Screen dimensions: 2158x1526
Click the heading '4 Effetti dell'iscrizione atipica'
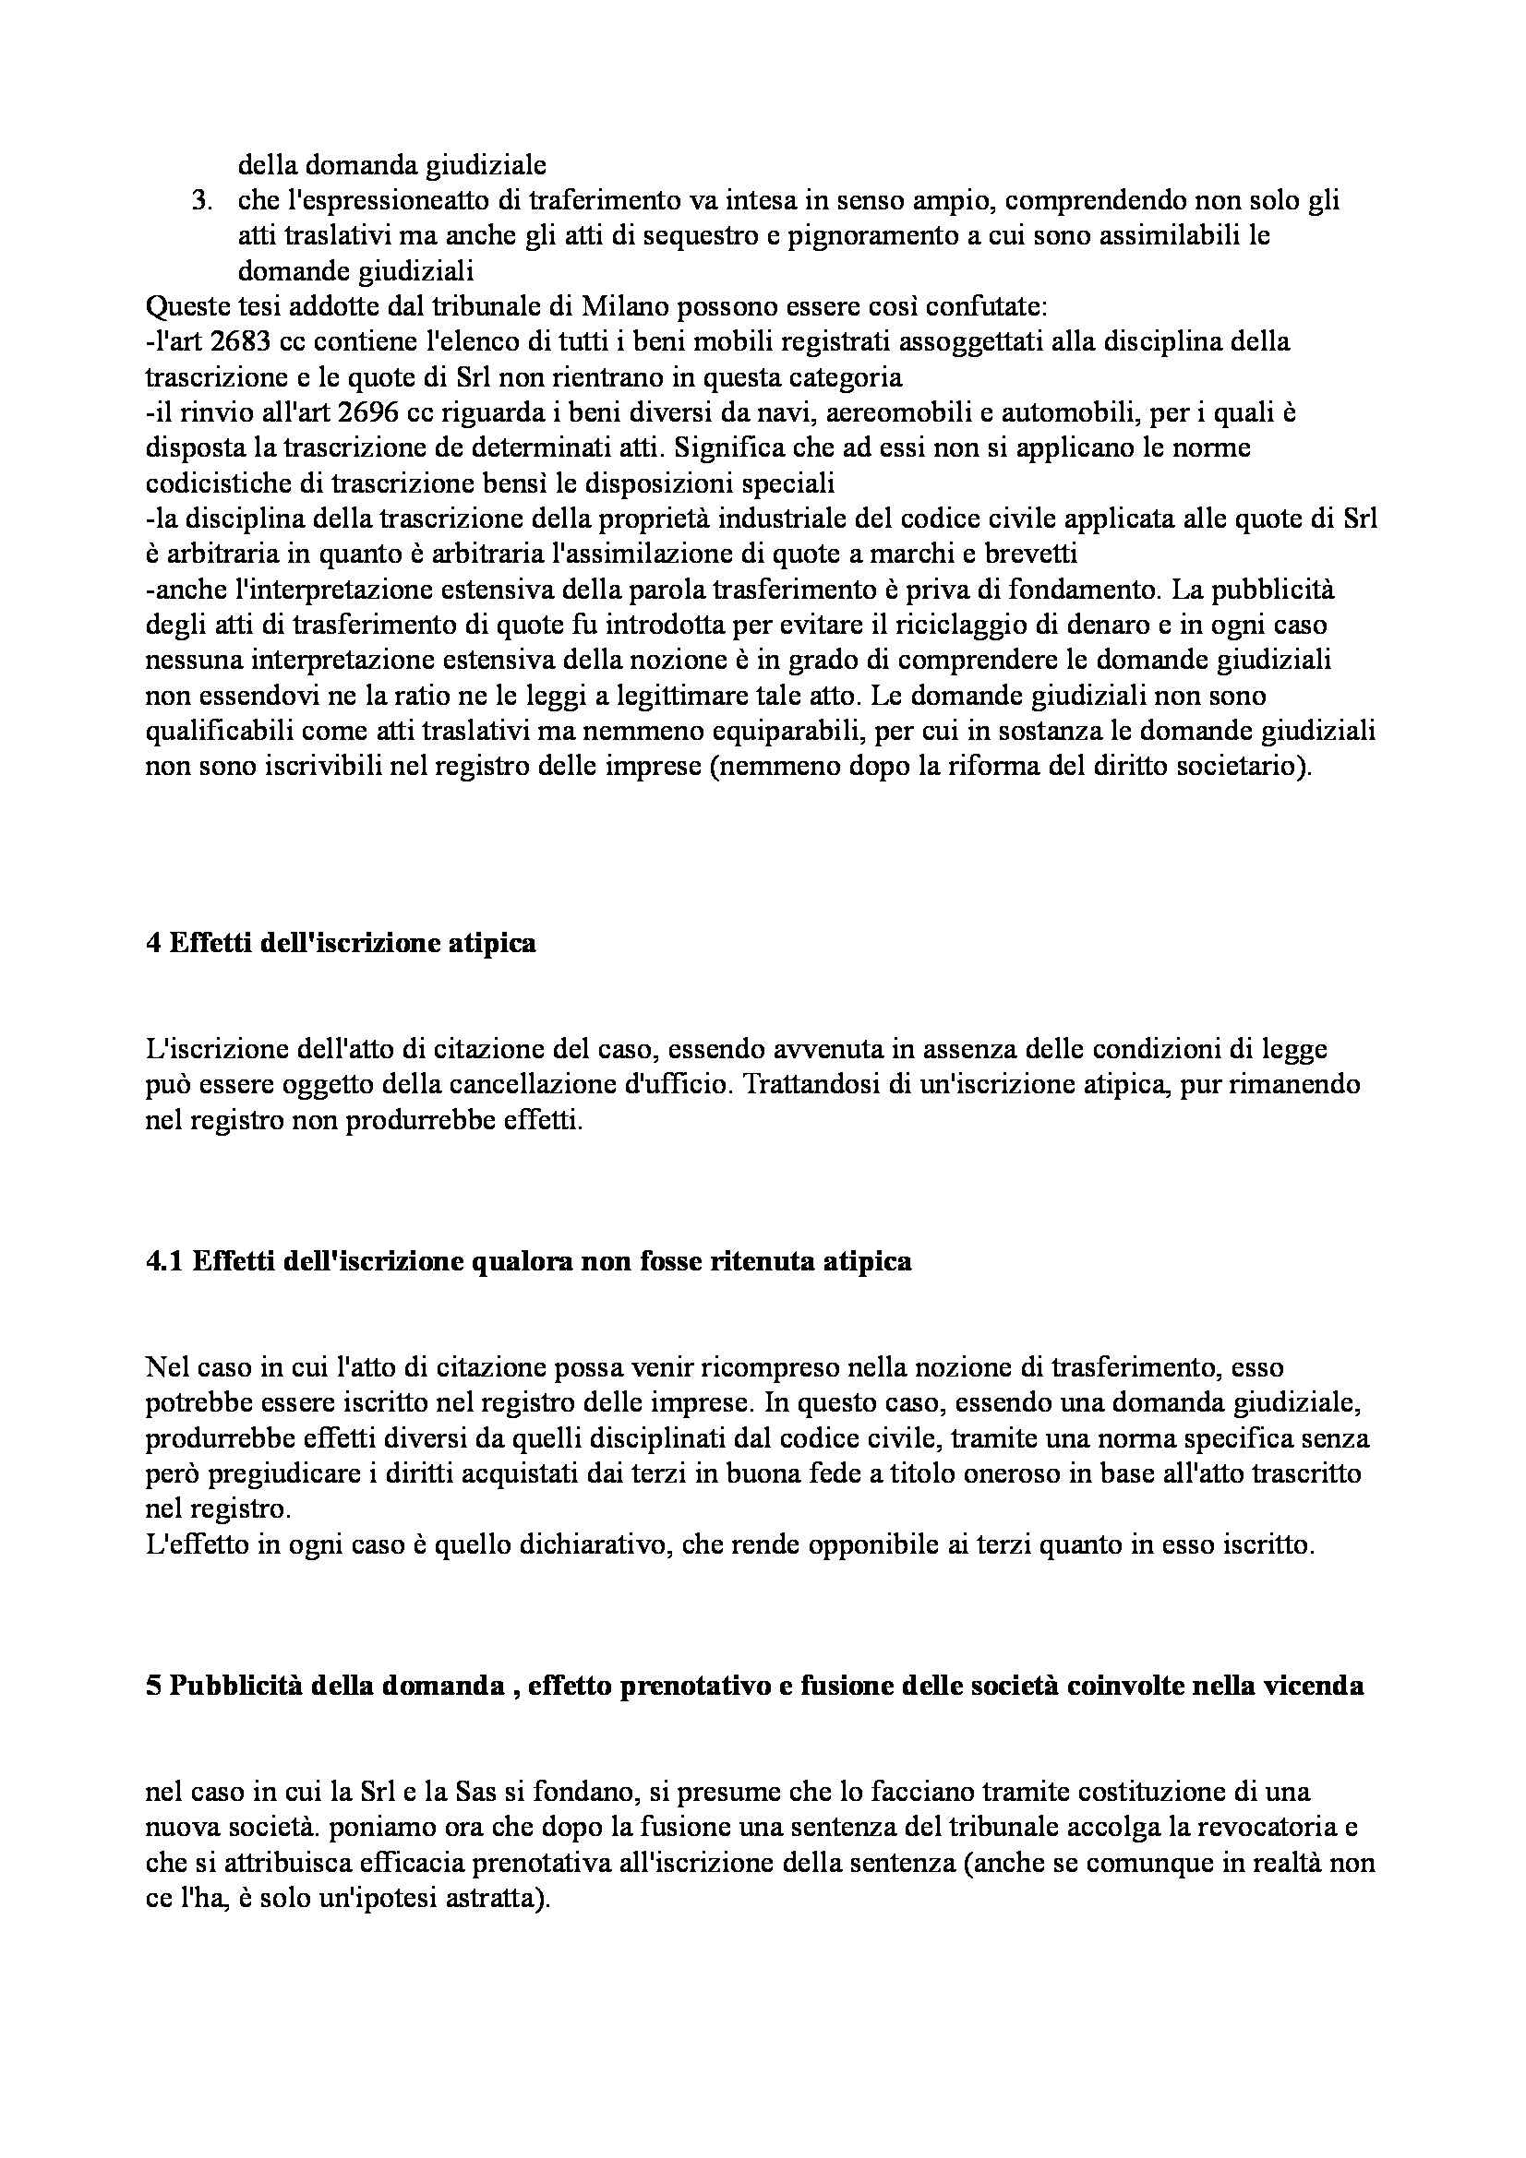click(342, 943)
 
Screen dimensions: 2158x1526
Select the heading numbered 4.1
click(528, 1261)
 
